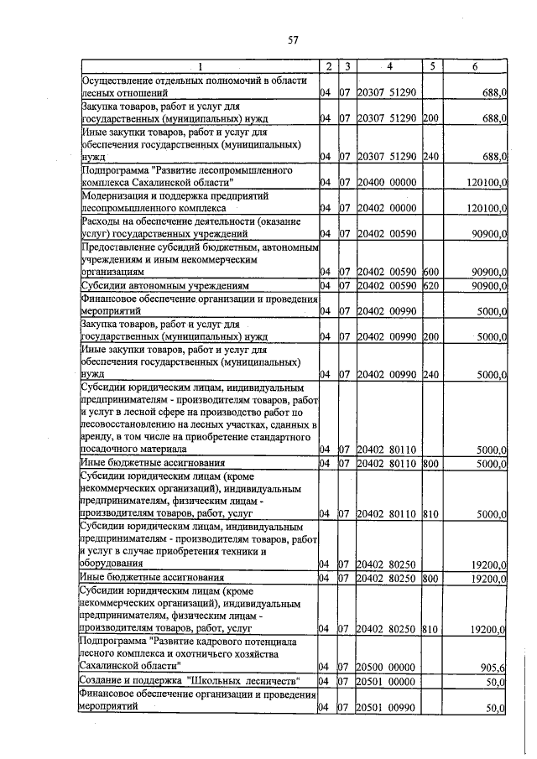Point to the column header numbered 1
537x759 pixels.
click(x=200, y=66)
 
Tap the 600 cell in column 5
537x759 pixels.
click(x=430, y=272)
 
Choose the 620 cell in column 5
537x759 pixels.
click(x=430, y=286)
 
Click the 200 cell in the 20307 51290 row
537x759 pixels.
click(x=430, y=118)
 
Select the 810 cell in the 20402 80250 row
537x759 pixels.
click(x=430, y=628)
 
